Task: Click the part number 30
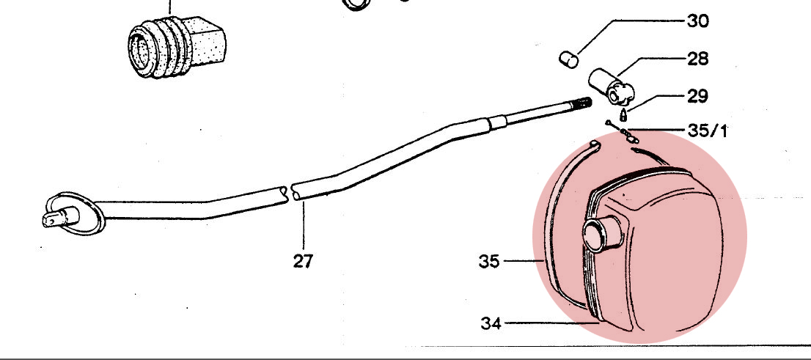(698, 21)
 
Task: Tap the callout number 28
(698, 59)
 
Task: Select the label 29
(698, 96)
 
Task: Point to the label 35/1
(708, 131)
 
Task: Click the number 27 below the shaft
(303, 261)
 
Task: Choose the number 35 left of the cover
(489, 262)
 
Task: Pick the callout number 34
(491, 324)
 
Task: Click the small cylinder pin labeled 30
(569, 59)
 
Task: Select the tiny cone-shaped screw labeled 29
(624, 114)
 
